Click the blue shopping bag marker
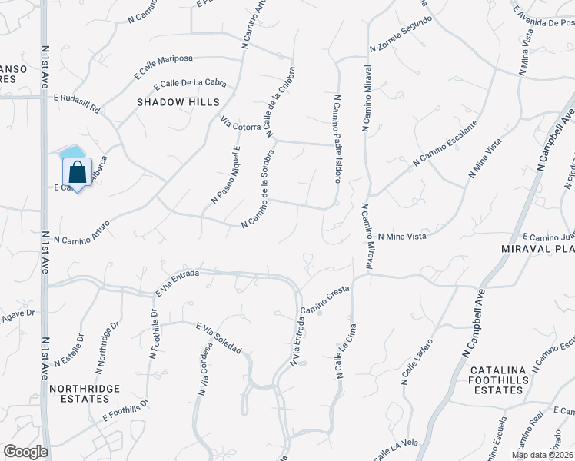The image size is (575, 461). [78, 173]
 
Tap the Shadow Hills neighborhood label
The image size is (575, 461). [178, 102]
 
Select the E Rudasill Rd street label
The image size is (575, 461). [77, 103]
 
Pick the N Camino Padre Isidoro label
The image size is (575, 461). [337, 138]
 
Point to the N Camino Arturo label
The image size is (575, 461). [81, 231]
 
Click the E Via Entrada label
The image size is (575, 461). [178, 283]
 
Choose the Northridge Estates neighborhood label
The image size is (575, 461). [85, 393]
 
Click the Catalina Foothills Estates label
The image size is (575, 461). [499, 380]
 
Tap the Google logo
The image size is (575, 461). [25, 452]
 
